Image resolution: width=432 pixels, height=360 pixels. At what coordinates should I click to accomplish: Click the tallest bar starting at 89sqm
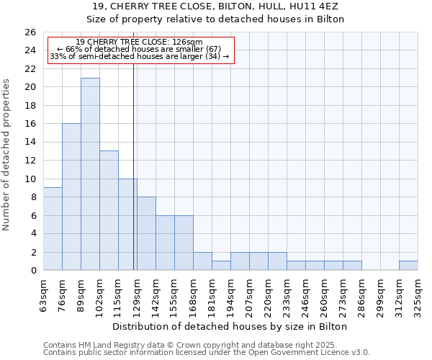[x=90, y=174]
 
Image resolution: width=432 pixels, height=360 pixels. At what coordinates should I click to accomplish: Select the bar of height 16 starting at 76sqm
[x=71, y=197]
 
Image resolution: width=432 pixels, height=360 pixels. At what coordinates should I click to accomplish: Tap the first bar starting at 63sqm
[x=53, y=228]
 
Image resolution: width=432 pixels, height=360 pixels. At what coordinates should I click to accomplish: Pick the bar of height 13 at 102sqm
[x=109, y=210]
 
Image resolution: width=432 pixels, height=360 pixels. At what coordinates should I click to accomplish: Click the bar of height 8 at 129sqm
[x=146, y=233]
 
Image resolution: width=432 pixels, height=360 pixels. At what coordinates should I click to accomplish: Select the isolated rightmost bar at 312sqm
[x=408, y=265]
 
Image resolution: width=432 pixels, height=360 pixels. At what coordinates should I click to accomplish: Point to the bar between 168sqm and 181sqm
[x=202, y=261]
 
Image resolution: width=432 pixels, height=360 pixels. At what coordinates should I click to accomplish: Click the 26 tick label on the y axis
[x=30, y=32]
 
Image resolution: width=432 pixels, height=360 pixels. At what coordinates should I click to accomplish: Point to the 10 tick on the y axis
[x=30, y=179]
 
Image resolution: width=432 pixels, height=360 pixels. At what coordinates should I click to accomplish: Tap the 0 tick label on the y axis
[x=32, y=270]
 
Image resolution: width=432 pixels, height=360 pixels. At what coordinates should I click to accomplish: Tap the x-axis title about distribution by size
[x=230, y=326]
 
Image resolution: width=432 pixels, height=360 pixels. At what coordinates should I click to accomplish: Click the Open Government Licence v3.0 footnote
[x=207, y=353]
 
